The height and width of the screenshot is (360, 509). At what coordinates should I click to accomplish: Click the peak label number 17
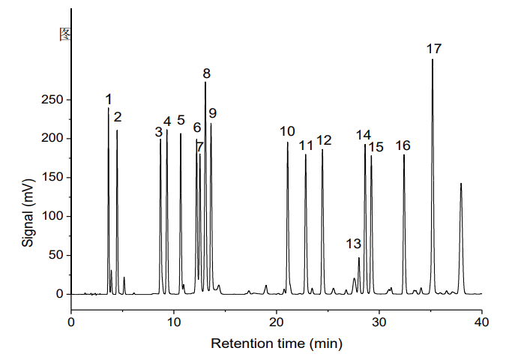click(x=433, y=49)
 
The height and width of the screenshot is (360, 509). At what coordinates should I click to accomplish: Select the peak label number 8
click(x=206, y=73)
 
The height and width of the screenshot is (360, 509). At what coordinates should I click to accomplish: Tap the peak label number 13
click(x=354, y=244)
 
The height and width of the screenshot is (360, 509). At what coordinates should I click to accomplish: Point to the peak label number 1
click(x=109, y=99)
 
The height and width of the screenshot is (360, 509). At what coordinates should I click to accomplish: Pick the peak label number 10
click(x=287, y=132)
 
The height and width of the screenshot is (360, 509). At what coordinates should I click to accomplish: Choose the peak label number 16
click(x=403, y=145)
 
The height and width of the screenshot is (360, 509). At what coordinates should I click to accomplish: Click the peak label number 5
click(x=181, y=121)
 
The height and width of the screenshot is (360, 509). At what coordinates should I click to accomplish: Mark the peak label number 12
click(x=324, y=140)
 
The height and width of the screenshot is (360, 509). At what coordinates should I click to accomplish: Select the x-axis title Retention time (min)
click(x=277, y=344)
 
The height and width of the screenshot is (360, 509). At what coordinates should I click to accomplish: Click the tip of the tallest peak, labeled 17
click(x=433, y=60)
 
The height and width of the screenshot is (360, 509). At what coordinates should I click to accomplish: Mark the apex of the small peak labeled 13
click(x=359, y=258)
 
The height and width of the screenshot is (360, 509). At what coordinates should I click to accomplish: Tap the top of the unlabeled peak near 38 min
click(x=461, y=184)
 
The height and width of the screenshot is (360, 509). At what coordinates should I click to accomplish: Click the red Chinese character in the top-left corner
click(x=65, y=34)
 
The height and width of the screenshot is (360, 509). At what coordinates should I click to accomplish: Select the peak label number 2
click(x=118, y=117)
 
